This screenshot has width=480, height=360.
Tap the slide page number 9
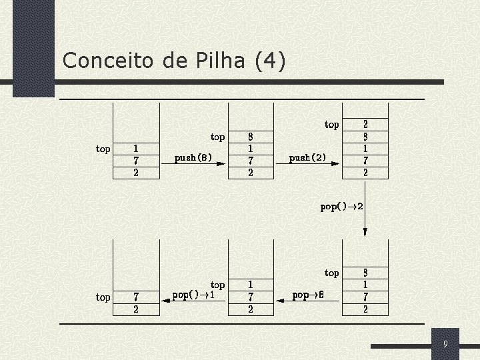coord(445,344)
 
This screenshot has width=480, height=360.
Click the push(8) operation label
coord(193,159)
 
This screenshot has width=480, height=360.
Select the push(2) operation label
coord(308,159)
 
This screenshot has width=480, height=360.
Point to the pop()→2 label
coord(341,207)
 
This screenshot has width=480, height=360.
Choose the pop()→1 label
coord(193,294)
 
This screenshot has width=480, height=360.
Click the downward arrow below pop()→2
coord(365,231)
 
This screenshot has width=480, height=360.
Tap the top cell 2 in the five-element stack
coord(365,125)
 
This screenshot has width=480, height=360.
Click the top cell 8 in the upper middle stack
coord(250,137)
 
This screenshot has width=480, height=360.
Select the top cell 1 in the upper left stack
coord(136,149)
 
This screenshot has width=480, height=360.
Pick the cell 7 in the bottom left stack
coord(136,297)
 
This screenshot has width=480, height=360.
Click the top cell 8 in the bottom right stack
coord(365,273)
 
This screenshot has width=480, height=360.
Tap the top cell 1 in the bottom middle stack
coord(250,285)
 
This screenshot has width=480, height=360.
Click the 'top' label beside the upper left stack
coord(103,149)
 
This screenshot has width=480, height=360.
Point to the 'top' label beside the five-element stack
coord(331,125)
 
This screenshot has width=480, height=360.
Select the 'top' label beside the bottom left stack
coord(103,297)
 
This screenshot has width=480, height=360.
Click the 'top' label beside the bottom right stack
coord(331,273)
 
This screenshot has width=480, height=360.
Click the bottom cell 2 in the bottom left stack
coord(136,309)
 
